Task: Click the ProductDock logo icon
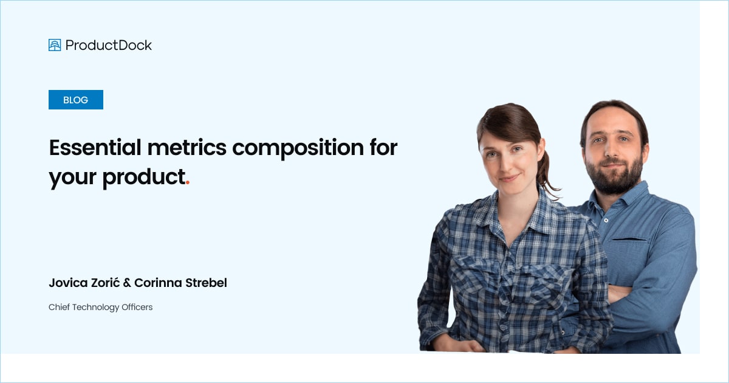pyautogui.click(x=55, y=45)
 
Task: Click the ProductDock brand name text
pyautogui.click(x=109, y=45)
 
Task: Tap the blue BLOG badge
pyautogui.click(x=76, y=100)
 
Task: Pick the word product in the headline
pyautogui.click(x=143, y=177)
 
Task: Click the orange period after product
pyautogui.click(x=188, y=182)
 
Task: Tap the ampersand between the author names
pyautogui.click(x=126, y=283)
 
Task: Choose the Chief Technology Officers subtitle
pyautogui.click(x=100, y=307)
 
